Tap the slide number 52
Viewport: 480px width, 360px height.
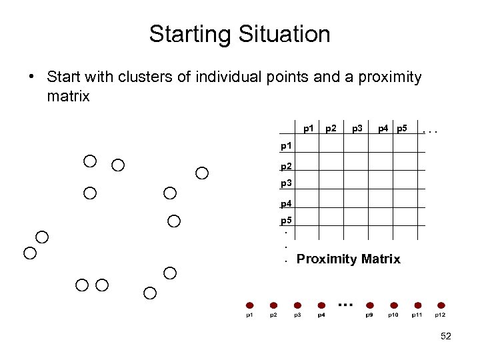tap(446, 337)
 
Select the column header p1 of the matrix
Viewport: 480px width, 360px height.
tap(309, 127)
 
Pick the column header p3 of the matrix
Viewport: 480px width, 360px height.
tap(357, 127)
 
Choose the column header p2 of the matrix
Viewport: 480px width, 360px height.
tap(331, 127)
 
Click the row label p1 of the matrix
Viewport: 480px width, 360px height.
tap(286, 145)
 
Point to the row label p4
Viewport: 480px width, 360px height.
tap(286, 203)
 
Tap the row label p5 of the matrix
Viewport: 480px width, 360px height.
tap(286, 221)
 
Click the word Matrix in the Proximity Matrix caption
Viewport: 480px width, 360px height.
tap(378, 259)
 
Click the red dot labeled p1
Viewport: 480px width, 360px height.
tap(249, 305)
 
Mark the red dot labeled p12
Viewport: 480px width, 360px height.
tap(441, 305)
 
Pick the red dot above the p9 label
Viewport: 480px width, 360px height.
tap(369, 305)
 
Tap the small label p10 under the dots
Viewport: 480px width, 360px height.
tap(393, 315)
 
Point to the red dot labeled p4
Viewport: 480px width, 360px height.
tap(321, 305)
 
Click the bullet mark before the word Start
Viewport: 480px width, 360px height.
tap(32, 77)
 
